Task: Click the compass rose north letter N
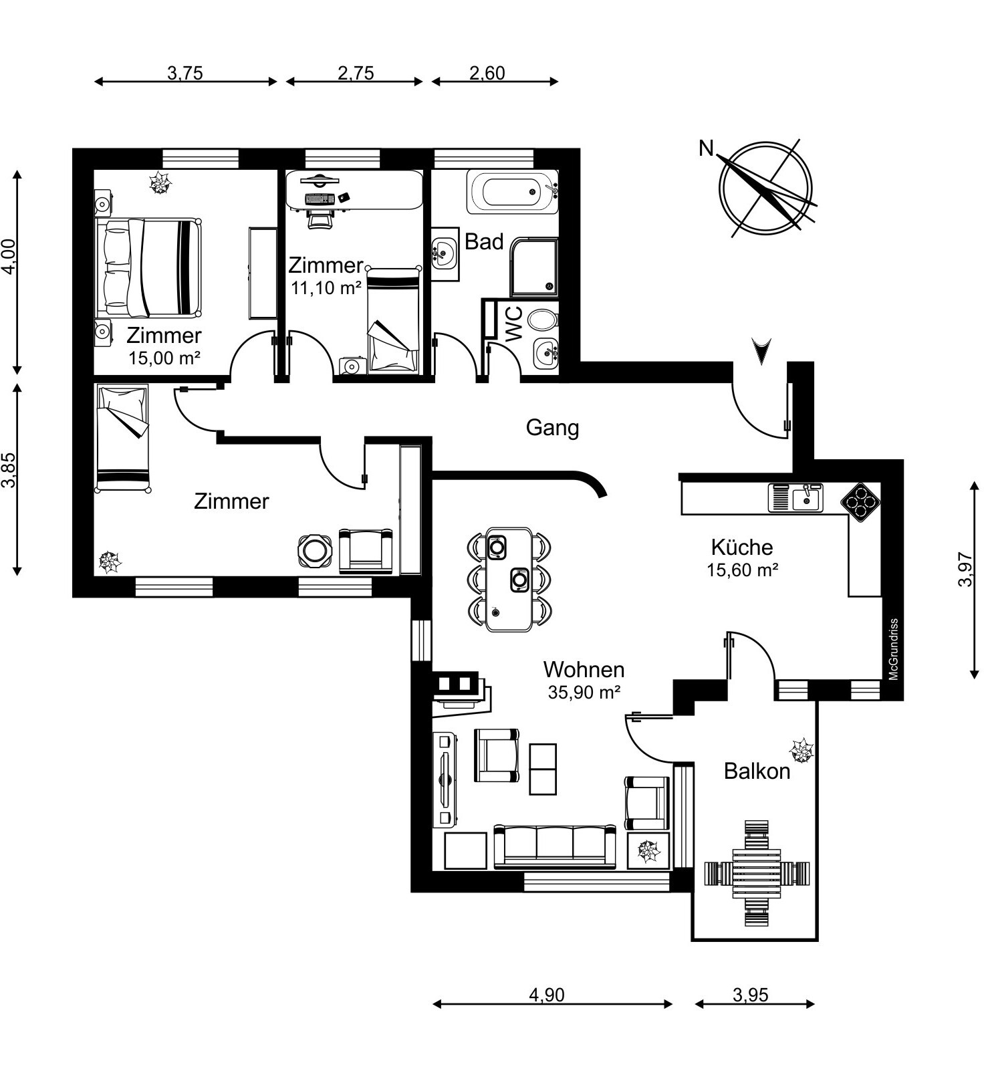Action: click(706, 148)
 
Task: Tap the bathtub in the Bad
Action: click(512, 193)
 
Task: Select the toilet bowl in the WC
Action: click(543, 320)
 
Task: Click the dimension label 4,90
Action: click(547, 995)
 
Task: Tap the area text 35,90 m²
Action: click(584, 693)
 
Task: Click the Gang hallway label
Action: click(552, 428)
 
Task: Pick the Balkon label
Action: click(757, 771)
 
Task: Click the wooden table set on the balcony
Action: click(757, 873)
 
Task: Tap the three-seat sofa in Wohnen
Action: click(555, 846)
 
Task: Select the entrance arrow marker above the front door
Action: click(761, 350)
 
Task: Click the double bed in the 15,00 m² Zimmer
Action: click(149, 267)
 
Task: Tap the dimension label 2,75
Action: click(356, 73)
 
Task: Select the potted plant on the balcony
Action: click(801, 751)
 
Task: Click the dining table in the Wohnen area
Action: click(509, 579)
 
